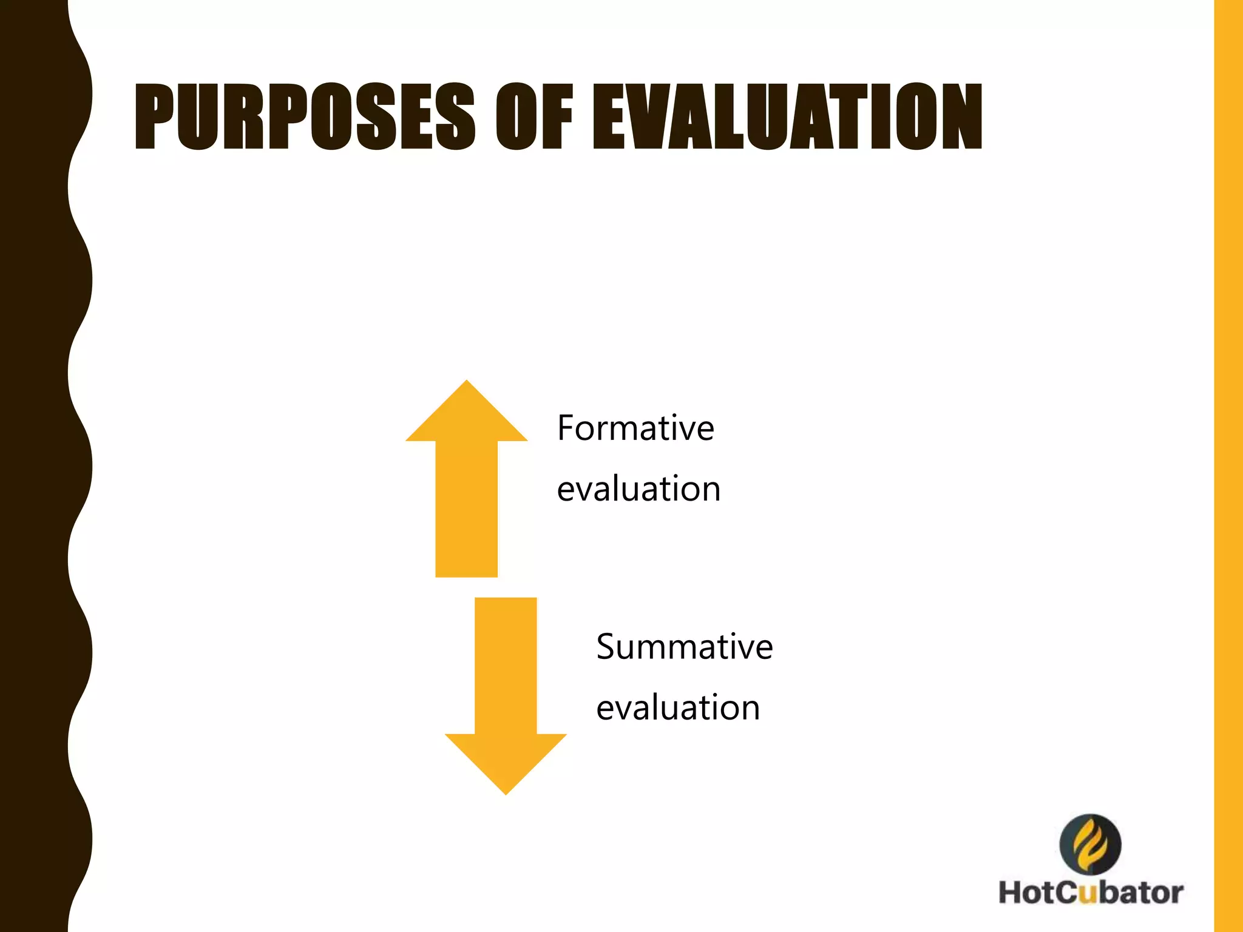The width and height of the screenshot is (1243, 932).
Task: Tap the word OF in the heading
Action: coord(534,116)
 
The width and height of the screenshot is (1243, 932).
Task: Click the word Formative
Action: coord(635,428)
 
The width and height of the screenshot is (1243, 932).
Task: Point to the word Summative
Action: coord(684,647)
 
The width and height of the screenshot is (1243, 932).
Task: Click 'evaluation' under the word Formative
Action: coord(638,489)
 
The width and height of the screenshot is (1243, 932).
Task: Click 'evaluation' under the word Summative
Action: coord(678,707)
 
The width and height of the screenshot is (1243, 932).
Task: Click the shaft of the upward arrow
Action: coord(466,510)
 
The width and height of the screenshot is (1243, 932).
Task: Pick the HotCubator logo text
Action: coord(1091,893)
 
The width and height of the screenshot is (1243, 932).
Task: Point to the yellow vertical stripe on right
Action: coord(1228,466)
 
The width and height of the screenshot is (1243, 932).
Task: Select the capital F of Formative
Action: coord(566,428)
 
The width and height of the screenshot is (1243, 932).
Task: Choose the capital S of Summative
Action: coord(606,647)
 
